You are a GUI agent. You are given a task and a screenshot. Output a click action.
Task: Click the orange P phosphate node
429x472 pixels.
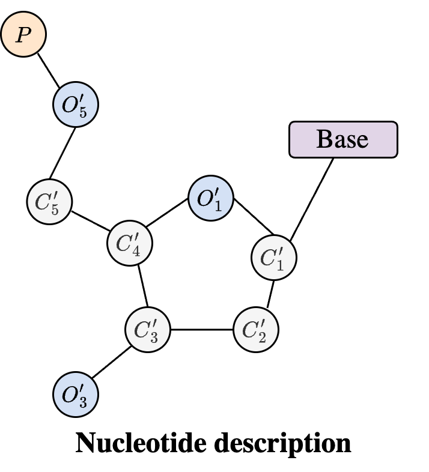point(23,34)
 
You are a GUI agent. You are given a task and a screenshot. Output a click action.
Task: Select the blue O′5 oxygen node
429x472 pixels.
point(76,104)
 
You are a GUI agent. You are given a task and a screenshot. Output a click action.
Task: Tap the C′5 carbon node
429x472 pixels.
point(49,202)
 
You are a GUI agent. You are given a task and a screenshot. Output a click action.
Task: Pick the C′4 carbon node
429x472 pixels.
point(130,243)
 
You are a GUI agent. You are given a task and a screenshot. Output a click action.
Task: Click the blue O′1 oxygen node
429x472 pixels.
point(211,198)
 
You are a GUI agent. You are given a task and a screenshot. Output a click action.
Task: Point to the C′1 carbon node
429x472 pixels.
point(274,258)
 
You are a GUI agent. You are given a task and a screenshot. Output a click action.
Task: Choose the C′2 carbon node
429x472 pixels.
point(256,330)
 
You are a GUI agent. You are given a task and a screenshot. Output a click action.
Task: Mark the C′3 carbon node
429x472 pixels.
point(148,330)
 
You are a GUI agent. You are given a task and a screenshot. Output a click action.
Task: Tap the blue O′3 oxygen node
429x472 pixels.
point(76,395)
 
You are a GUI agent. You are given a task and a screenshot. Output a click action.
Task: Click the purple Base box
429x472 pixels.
point(344,139)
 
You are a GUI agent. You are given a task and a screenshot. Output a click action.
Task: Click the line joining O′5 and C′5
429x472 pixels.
point(62,153)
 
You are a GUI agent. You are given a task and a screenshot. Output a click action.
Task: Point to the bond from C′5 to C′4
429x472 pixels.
point(91,222)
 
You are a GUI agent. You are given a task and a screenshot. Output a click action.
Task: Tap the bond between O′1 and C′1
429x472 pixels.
point(254,217)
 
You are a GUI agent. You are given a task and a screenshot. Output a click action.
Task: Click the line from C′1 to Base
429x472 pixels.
point(312,199)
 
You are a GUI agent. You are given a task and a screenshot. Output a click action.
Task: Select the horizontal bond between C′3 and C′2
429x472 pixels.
point(202,330)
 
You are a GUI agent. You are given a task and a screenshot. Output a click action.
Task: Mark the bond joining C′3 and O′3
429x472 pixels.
point(112,362)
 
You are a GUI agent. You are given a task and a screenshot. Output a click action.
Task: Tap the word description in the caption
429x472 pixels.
point(282,444)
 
